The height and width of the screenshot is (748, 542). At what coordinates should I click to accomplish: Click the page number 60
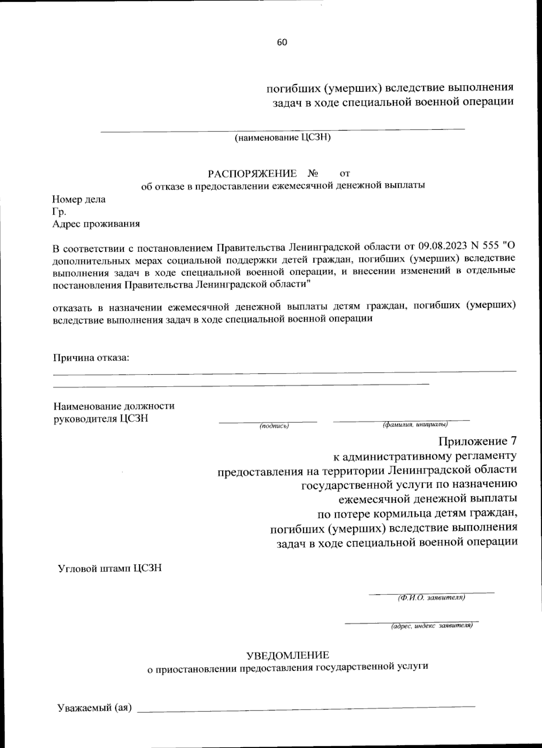[x=282, y=42]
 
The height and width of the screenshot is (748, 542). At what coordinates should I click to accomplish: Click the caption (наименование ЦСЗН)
[x=282, y=138]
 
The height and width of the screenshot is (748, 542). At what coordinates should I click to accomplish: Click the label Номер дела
[x=79, y=199]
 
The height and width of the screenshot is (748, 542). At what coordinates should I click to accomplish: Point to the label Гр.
[x=59, y=211]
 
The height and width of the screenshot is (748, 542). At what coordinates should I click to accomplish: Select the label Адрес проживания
[x=96, y=224]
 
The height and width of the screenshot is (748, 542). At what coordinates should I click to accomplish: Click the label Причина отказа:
[x=91, y=358]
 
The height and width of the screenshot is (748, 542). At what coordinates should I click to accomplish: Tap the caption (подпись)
[x=274, y=425]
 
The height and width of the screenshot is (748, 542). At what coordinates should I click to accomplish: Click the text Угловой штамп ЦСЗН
[x=109, y=568]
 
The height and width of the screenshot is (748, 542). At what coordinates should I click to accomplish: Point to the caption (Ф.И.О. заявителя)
[x=431, y=598]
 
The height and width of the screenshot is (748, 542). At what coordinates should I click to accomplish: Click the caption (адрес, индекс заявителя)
[x=431, y=626]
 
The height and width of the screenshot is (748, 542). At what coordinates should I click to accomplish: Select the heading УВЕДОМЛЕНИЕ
[x=288, y=654]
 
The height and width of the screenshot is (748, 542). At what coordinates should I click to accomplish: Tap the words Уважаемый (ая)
[x=94, y=708]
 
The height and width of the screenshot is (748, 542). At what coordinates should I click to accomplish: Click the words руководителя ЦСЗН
[x=100, y=418]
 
